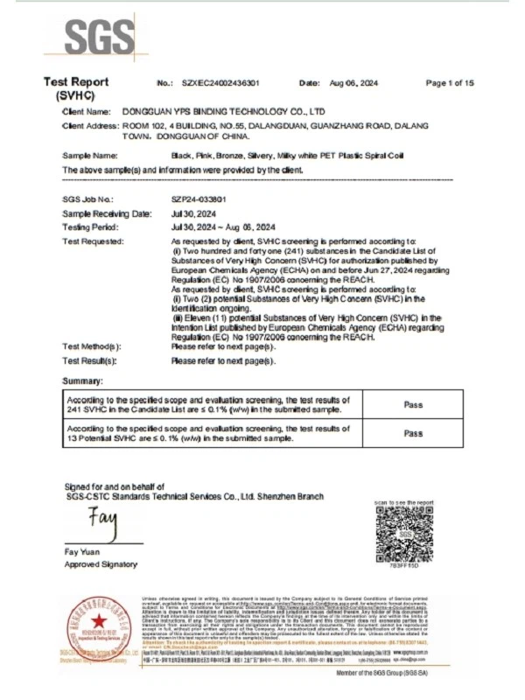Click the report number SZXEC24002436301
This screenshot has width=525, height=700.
(220, 82)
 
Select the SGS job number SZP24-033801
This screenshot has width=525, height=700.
(202, 199)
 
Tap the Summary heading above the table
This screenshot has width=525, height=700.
(83, 381)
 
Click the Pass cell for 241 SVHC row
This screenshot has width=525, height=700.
(413, 404)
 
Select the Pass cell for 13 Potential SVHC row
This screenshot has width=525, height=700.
(413, 432)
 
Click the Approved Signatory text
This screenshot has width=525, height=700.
(101, 564)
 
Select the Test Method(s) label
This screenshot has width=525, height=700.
(91, 346)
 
